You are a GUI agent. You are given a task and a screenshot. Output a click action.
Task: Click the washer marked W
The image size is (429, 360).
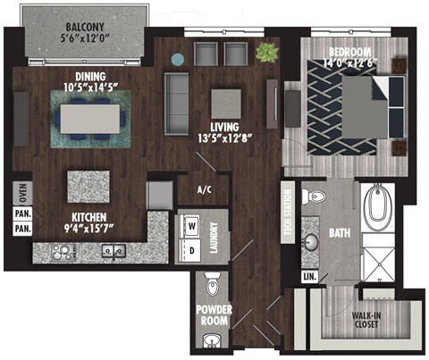(189, 226)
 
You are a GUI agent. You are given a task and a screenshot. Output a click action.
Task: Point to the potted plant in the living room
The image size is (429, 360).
(266, 53)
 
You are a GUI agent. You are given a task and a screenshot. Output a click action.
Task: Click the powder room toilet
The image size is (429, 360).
(212, 285)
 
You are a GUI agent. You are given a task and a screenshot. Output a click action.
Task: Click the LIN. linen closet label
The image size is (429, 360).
(310, 278)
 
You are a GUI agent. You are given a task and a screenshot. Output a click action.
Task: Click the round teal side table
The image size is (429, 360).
(178, 59)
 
